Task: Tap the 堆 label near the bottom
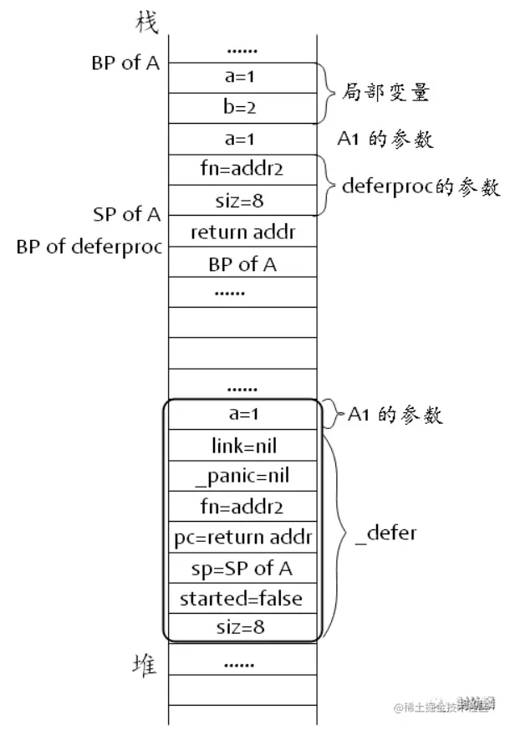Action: (147, 665)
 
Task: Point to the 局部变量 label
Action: (384, 92)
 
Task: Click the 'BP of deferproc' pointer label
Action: (88, 248)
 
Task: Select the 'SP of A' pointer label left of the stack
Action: (126, 214)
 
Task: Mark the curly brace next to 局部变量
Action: (325, 92)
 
